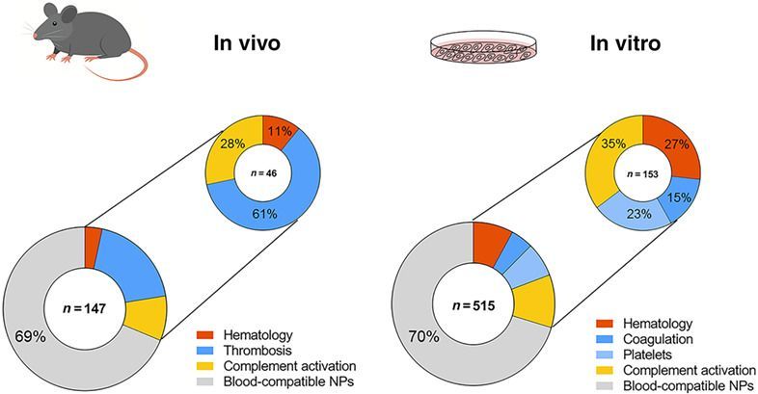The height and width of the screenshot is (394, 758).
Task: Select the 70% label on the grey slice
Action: [x=413, y=339]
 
